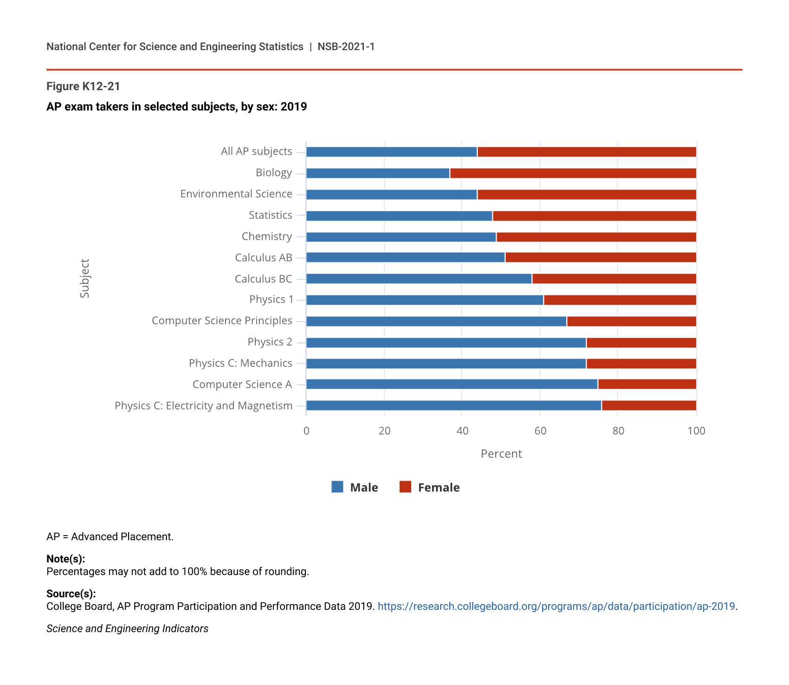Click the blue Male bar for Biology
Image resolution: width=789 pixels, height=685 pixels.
pyautogui.click(x=378, y=173)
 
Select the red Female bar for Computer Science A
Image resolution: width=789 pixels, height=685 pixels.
pyautogui.click(x=647, y=384)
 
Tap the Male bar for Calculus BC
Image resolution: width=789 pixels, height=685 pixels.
pyautogui.click(x=419, y=279)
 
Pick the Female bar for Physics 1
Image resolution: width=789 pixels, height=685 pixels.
pyautogui.click(x=620, y=300)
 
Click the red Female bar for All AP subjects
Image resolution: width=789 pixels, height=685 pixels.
pyautogui.click(x=587, y=152)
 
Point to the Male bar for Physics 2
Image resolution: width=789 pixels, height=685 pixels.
pyautogui.click(x=446, y=343)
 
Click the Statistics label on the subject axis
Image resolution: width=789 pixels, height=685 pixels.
pyautogui.click(x=271, y=215)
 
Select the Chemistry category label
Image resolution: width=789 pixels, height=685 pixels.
pyautogui.click(x=267, y=236)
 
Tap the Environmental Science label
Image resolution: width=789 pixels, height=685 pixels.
pyautogui.click(x=236, y=194)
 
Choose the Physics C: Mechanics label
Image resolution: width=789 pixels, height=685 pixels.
pyautogui.click(x=240, y=363)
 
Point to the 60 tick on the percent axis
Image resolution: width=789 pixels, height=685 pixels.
pyautogui.click(x=540, y=431)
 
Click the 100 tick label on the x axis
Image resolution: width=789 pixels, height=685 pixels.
pyautogui.click(x=696, y=431)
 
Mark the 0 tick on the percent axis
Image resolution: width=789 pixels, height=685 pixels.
pyautogui.click(x=306, y=431)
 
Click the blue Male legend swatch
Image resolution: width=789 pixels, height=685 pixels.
pyautogui.click(x=337, y=487)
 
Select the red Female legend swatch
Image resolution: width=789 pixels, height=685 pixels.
pyautogui.click(x=405, y=487)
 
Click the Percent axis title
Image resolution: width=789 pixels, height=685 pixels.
pyautogui.click(x=501, y=454)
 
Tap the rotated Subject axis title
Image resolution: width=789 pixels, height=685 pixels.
pyautogui.click(x=84, y=278)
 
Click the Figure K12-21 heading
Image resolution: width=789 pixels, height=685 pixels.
pyautogui.click(x=84, y=86)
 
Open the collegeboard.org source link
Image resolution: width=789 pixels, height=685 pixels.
pyautogui.click(x=556, y=606)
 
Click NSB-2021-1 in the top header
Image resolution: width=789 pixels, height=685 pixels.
pyautogui.click(x=346, y=46)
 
